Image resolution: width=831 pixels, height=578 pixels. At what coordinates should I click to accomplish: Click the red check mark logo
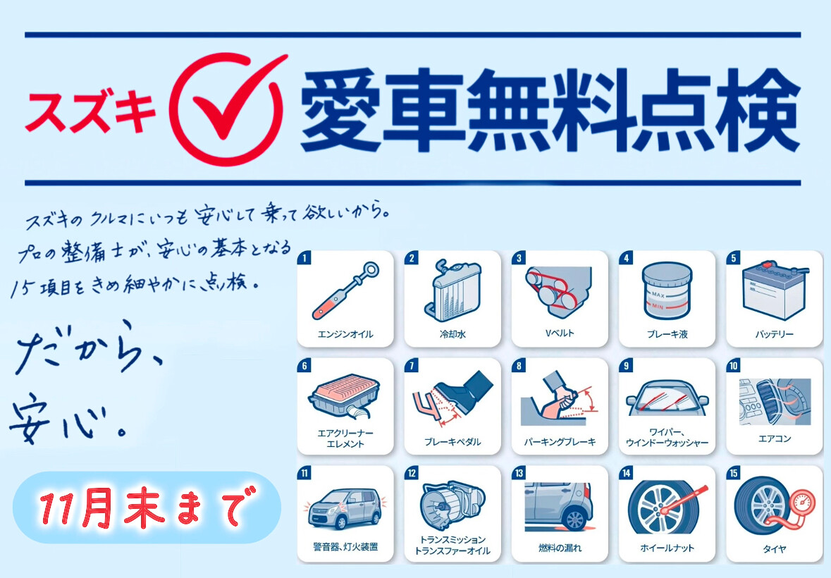pyautogui.click(x=228, y=108)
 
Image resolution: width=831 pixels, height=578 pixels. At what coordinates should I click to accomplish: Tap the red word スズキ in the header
pyautogui.click(x=91, y=112)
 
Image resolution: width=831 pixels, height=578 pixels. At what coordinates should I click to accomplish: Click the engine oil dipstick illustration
pyautogui.click(x=345, y=290)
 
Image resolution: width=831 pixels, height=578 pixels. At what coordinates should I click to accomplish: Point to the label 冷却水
pyautogui.click(x=453, y=334)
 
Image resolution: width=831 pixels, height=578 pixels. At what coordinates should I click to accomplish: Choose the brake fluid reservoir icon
pyautogui.click(x=667, y=291)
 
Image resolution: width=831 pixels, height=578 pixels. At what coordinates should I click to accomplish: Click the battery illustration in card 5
pyautogui.click(x=775, y=291)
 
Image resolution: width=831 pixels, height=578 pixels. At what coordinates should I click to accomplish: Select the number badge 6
pyautogui.click(x=304, y=366)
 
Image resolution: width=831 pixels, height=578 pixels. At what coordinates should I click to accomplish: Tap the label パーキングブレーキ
pyautogui.click(x=560, y=442)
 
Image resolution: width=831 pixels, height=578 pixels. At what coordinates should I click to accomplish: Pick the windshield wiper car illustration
pyautogui.click(x=667, y=399)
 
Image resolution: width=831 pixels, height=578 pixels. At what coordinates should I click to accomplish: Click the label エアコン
pyautogui.click(x=775, y=438)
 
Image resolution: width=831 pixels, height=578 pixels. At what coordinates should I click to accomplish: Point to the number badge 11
pyautogui.click(x=304, y=473)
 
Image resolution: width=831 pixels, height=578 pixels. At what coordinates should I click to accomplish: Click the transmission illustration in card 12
pyautogui.click(x=452, y=505)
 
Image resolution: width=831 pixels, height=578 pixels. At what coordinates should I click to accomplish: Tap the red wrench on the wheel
pyautogui.click(x=684, y=500)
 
